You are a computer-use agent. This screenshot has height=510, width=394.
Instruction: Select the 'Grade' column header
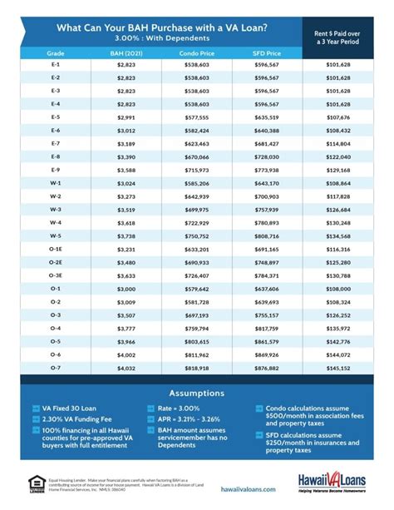coord(55,52)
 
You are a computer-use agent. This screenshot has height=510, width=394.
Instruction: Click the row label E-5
coord(55,117)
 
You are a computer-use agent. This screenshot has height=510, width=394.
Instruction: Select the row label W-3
coord(55,209)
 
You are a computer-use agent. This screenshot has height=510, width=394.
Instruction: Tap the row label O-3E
coord(55,275)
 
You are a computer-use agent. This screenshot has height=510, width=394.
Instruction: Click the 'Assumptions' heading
coord(196,391)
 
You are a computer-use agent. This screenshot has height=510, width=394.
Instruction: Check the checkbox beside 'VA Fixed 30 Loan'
coord(36,408)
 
